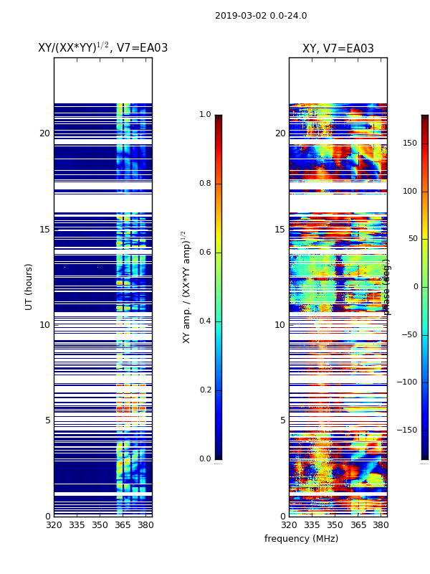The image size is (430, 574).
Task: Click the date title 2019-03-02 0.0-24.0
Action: coord(261,16)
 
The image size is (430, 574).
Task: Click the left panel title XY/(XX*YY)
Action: coord(102,48)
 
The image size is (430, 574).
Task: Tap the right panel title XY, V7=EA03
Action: coord(338,49)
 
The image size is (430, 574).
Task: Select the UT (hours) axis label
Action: coord(29,286)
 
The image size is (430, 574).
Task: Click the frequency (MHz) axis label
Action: coord(301,539)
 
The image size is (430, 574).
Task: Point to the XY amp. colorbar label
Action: coord(186,286)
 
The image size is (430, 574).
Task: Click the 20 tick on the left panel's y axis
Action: coord(44,133)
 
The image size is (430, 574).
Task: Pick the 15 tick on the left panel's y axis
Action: coord(44,229)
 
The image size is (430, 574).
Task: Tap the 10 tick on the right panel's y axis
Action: coord(279,324)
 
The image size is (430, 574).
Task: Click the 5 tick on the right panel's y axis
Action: coord(282,420)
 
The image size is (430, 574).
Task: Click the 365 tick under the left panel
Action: coord(123,525)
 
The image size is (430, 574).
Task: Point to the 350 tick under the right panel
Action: coord(335,525)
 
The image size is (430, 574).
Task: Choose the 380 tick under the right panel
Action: coord(381,525)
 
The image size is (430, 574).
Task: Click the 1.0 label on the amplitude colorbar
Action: coord(205,115)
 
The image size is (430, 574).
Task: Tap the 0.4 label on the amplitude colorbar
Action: coord(205,321)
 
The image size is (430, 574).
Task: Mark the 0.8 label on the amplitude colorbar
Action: coord(205,184)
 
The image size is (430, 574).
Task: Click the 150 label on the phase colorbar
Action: coord(410,143)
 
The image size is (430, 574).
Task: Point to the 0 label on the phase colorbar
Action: coord(415,287)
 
